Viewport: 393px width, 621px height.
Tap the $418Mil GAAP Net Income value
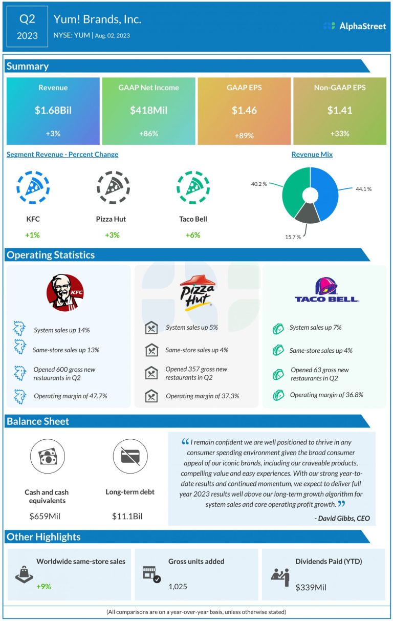148,110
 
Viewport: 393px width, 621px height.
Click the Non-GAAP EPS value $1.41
339,110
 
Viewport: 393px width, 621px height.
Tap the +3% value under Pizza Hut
111,235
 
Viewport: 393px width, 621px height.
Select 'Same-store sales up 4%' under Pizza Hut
196,351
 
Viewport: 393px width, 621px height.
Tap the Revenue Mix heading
312,154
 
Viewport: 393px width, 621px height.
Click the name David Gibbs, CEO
342,518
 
